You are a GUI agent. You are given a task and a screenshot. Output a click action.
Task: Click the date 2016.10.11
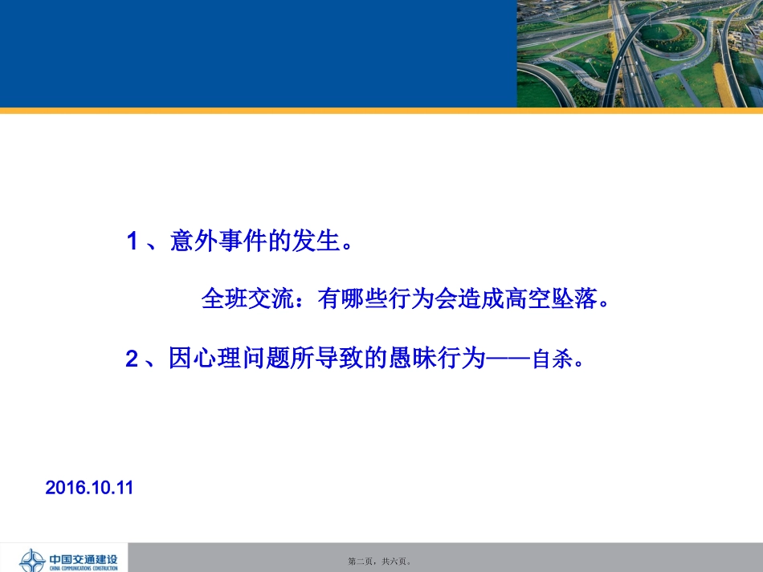coord(89,487)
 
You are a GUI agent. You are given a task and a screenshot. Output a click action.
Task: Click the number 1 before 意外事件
coord(133,242)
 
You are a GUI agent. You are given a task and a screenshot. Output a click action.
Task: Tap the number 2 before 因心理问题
coord(133,359)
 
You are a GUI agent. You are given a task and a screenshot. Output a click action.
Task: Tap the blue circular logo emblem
coord(31,560)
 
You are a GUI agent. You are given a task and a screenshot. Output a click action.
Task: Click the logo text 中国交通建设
coord(83,558)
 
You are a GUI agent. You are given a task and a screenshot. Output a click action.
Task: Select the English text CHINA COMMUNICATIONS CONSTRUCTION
coord(83,568)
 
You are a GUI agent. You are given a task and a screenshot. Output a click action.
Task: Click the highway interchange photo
coord(639,53)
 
